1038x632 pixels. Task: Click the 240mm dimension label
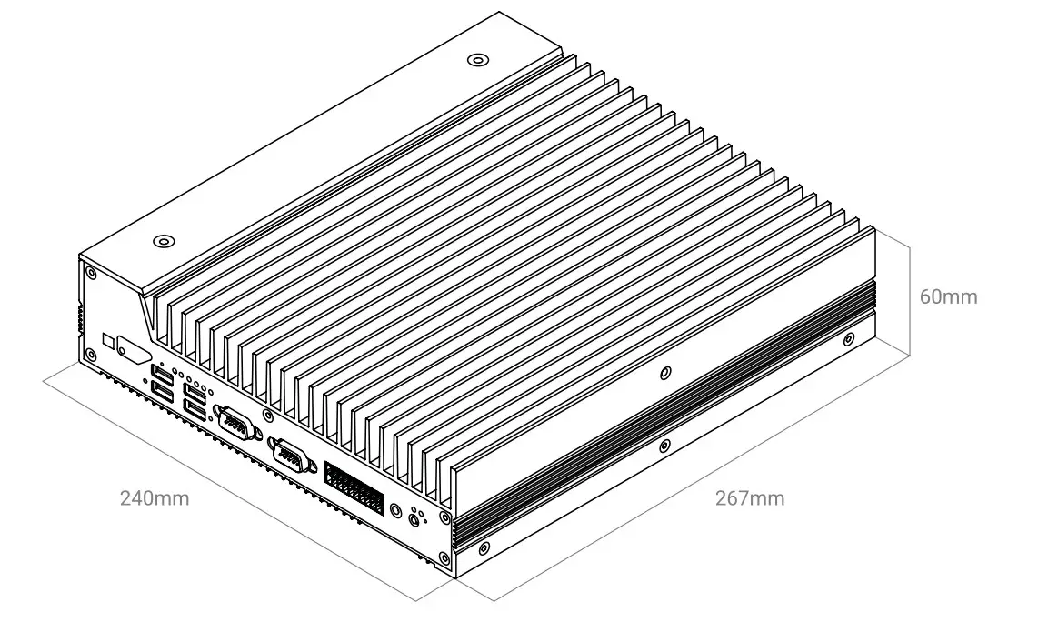tap(155, 498)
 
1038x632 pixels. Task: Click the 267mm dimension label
tap(749, 498)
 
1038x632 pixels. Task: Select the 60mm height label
tap(949, 296)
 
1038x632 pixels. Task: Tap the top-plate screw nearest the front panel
tap(163, 242)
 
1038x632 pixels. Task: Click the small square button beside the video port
tap(109, 341)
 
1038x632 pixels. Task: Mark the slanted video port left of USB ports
tap(133, 355)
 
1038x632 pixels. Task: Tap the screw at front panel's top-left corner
tap(90, 271)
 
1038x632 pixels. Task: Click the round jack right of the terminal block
tap(416, 520)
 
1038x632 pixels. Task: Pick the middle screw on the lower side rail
tap(664, 446)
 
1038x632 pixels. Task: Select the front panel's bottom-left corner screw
tap(90, 354)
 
